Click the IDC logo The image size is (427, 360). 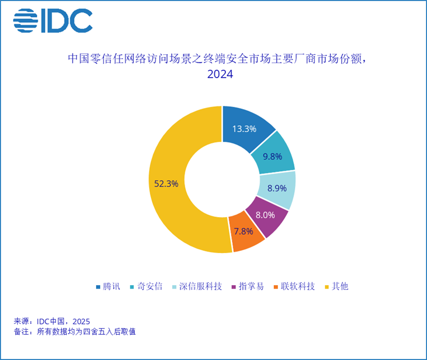click(x=53, y=21)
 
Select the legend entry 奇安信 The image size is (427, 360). click(x=147, y=286)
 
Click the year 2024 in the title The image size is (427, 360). click(x=220, y=75)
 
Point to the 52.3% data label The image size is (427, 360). click(x=166, y=183)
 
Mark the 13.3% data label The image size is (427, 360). click(x=244, y=129)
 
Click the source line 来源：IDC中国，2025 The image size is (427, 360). click(x=51, y=321)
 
